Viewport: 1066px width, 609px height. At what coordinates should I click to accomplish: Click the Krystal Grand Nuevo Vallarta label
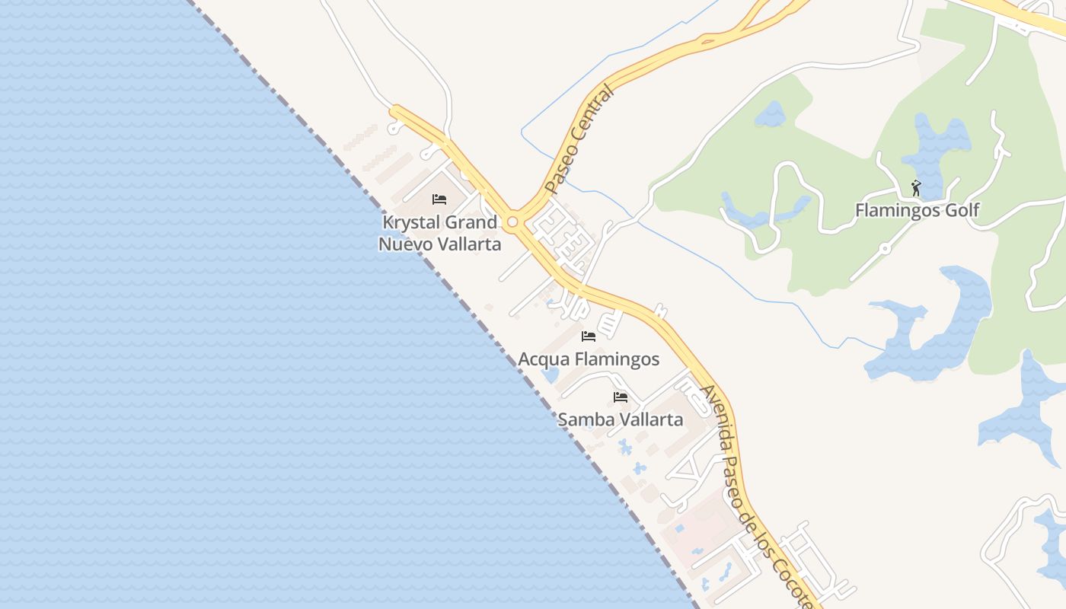(x=440, y=233)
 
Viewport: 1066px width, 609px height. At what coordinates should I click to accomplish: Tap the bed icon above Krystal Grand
(x=439, y=199)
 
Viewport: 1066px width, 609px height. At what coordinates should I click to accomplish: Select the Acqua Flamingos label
(x=589, y=359)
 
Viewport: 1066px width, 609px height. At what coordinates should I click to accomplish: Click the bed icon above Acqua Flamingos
(x=589, y=336)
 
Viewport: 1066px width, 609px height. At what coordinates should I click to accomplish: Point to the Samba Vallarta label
(x=620, y=419)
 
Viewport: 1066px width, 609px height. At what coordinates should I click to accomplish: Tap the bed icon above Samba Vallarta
(x=621, y=397)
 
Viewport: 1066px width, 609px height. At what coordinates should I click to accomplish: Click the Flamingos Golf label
(x=917, y=210)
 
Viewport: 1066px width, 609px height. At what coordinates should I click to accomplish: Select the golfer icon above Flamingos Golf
(x=916, y=187)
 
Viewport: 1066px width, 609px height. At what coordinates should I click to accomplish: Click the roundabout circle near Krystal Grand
(x=513, y=222)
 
